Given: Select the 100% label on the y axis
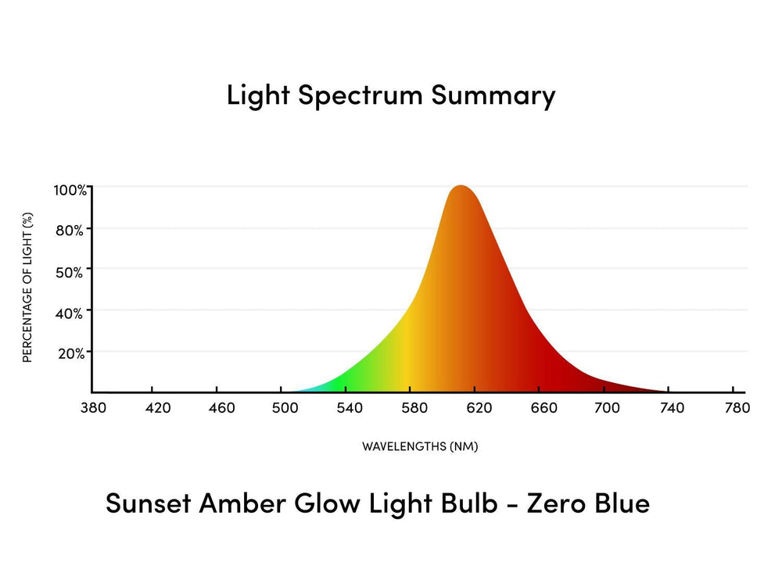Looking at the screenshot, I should [70, 190].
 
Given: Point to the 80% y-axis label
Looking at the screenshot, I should [70, 230].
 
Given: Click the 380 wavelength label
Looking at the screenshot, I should [93, 408].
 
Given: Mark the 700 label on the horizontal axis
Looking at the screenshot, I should [607, 408].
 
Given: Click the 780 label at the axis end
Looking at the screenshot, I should [737, 408].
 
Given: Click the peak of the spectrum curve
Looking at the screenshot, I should [461, 187].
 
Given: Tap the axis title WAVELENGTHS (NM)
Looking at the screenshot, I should [419, 447].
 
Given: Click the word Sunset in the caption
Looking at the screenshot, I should [149, 503].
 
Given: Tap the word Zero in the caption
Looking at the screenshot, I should [555, 503].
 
